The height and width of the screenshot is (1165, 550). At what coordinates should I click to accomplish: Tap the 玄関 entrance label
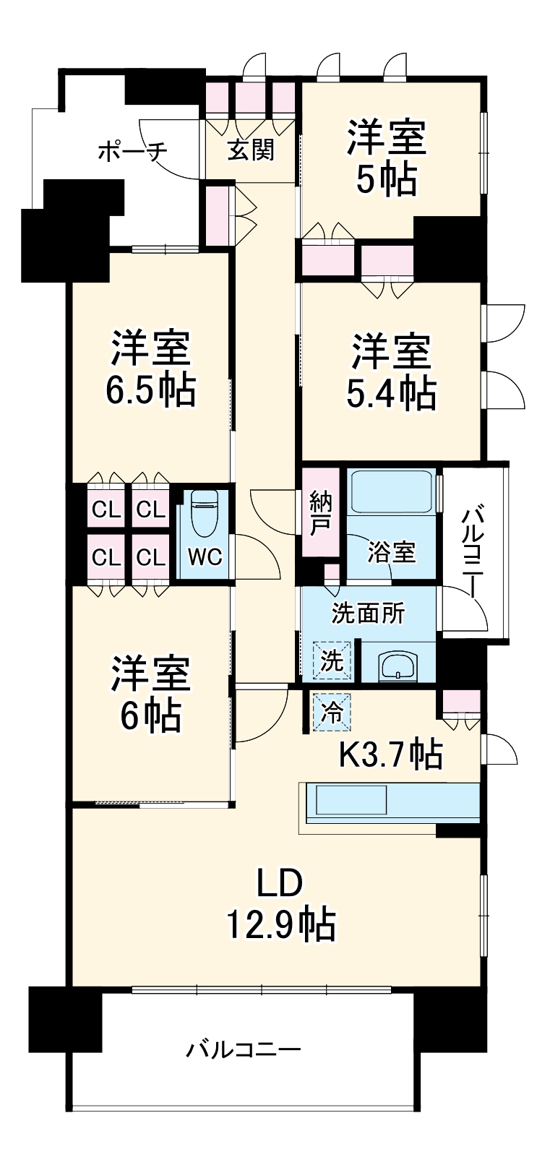[251, 150]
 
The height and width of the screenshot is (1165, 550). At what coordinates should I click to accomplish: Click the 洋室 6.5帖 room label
[150, 369]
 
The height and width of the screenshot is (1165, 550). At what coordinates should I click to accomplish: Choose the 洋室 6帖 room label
[150, 694]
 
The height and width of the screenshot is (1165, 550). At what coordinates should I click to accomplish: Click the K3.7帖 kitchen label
[390, 755]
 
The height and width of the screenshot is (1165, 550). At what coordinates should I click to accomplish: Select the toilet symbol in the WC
[202, 513]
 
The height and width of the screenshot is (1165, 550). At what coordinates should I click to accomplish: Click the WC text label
[205, 557]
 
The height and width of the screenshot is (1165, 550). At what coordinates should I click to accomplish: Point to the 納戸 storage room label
[319, 512]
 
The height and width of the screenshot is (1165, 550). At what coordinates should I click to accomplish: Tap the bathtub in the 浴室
[391, 491]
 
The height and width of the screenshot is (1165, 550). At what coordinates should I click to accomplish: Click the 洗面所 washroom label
[368, 614]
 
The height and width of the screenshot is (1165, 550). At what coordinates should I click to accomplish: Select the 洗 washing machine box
[332, 660]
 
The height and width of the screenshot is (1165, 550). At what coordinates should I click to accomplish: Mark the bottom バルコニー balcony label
[244, 1049]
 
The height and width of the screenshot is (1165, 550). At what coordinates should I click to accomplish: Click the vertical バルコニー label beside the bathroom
[475, 552]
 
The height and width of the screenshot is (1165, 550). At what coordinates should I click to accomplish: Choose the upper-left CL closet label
[106, 510]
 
